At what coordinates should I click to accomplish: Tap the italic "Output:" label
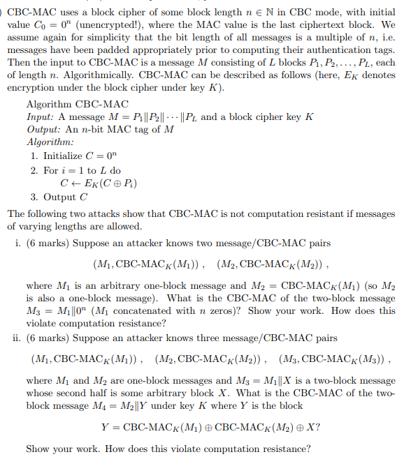tap(44, 129)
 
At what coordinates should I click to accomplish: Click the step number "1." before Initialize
tap(36, 156)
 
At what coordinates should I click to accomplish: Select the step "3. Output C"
tap(57, 197)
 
